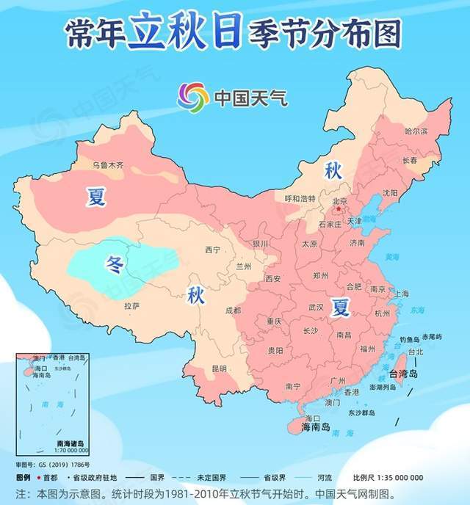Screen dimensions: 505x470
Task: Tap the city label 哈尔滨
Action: (416, 131)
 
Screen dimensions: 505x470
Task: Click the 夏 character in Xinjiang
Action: (96, 197)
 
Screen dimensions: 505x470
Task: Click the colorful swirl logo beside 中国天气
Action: (192, 97)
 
